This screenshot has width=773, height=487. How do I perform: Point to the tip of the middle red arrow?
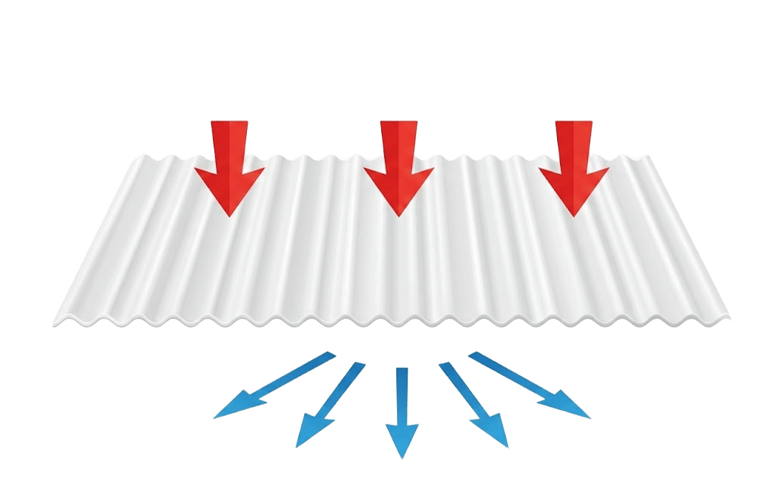[399, 216]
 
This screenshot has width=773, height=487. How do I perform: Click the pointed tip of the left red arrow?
[229, 216]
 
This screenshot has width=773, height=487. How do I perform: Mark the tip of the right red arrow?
[574, 216]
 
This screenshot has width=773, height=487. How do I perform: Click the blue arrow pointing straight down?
[402, 411]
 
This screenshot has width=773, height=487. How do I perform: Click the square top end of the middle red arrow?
[399, 122]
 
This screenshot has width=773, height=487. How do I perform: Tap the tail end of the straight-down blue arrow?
[402, 369]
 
